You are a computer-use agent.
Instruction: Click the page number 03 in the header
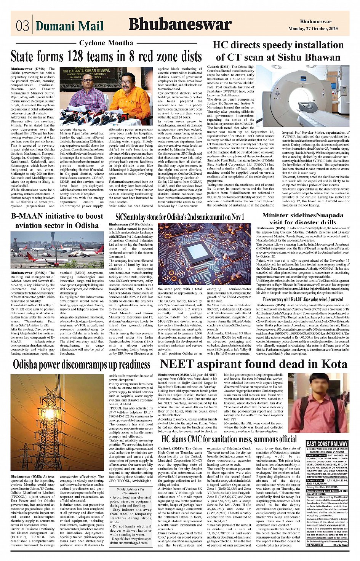point(22,26)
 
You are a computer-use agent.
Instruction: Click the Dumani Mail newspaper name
point(69,26)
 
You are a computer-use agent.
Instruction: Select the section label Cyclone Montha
point(106,43)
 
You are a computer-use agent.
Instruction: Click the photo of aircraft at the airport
point(57,249)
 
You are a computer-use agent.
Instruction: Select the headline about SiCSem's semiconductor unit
point(179,217)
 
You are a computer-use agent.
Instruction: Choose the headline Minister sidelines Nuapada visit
point(302,219)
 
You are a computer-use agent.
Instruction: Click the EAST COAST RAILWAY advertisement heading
point(327,444)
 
